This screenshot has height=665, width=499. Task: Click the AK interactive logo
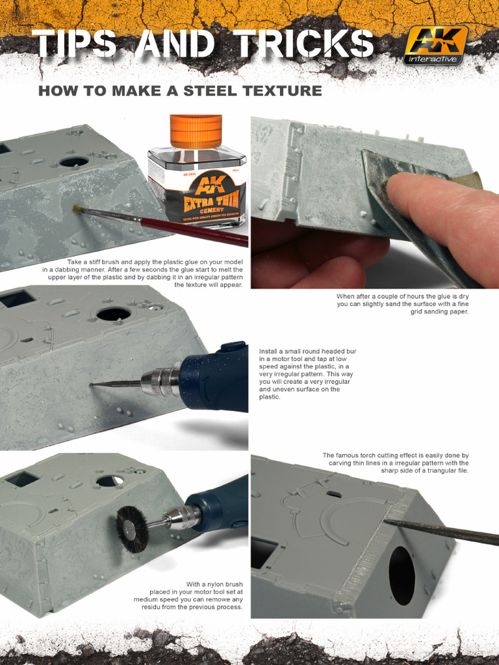(435, 45)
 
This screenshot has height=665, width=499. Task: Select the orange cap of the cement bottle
(196, 131)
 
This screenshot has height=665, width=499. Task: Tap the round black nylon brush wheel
(132, 529)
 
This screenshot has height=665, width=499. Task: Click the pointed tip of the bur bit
(92, 384)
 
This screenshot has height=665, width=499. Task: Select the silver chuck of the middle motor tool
(160, 381)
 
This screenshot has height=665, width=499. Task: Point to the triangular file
(442, 531)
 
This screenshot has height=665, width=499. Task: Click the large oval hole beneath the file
(402, 575)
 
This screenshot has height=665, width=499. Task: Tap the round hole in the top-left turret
(73, 161)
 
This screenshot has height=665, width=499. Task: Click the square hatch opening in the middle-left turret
(18, 299)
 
